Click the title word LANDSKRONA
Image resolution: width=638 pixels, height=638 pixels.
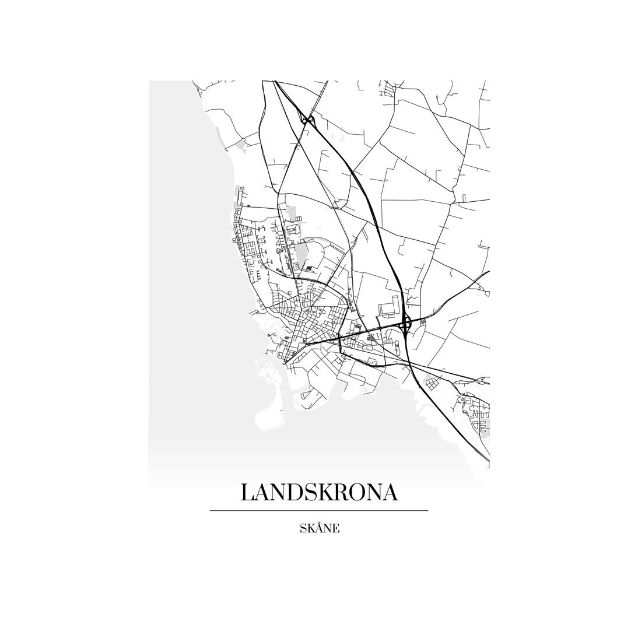click(x=319, y=492)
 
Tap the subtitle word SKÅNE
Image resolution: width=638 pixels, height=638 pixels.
click(x=319, y=529)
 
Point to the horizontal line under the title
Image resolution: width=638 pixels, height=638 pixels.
click(x=319, y=511)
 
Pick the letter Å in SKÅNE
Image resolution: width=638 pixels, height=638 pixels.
click(x=318, y=529)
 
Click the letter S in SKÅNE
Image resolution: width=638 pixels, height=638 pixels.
click(x=303, y=529)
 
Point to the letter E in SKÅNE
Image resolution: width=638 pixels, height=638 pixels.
click(x=336, y=529)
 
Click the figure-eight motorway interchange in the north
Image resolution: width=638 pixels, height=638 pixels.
click(x=308, y=121)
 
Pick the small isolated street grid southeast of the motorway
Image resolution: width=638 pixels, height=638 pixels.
click(x=432, y=384)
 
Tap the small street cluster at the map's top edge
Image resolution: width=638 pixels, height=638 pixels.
click(x=387, y=89)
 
